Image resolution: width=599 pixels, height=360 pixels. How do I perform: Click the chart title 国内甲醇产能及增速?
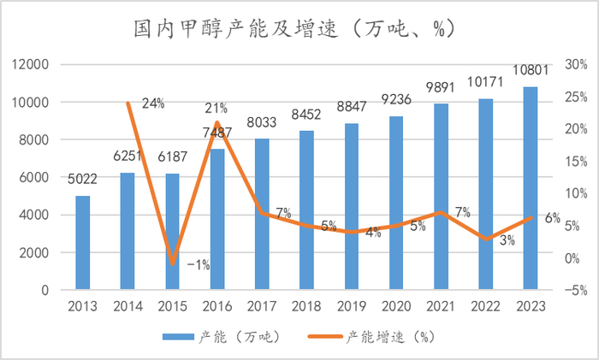click(299, 27)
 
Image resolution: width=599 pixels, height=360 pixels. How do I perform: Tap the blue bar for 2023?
click(531, 188)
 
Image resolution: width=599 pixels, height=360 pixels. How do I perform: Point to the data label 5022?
click(83, 180)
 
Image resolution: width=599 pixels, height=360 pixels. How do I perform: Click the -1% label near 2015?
click(198, 265)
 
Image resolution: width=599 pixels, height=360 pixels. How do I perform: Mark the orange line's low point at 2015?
click(173, 263)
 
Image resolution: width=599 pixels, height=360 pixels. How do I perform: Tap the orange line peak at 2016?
click(217, 122)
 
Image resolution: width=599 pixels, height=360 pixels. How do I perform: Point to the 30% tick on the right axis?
click(574, 65)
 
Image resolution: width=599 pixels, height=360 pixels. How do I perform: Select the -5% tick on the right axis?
click(574, 290)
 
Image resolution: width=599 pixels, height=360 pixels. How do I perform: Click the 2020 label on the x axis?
click(396, 307)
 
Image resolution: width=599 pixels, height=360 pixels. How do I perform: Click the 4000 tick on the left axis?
click(33, 215)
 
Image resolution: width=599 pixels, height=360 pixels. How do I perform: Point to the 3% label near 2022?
click(507, 240)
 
